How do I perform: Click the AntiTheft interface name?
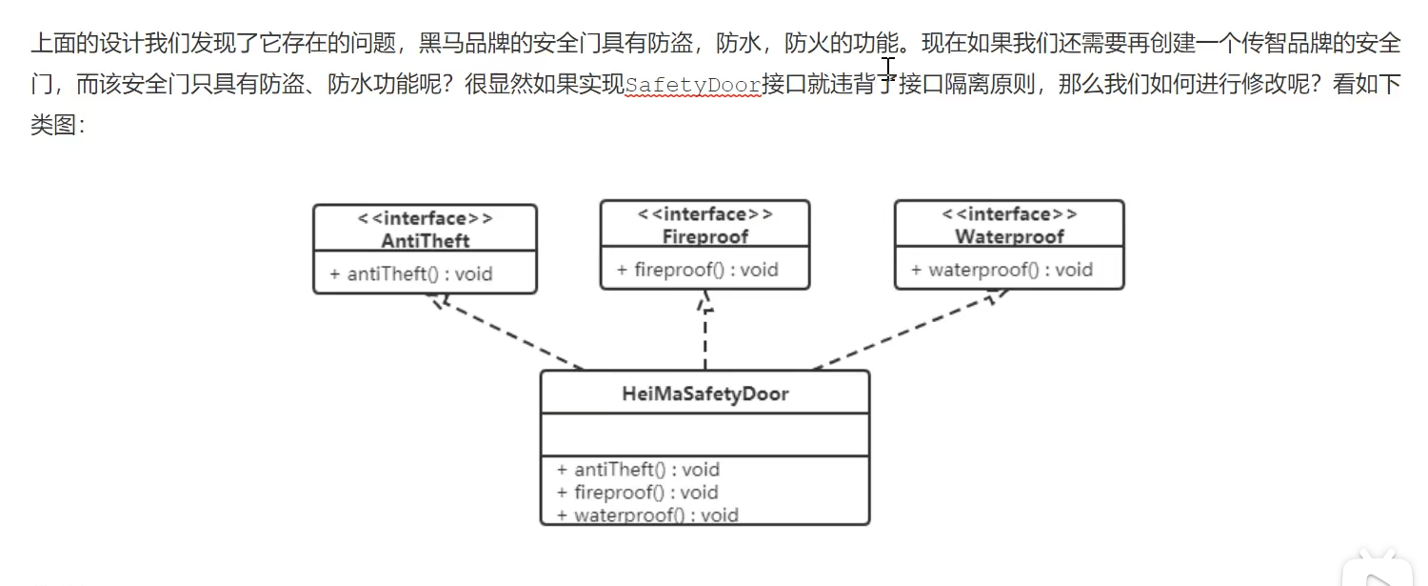425,240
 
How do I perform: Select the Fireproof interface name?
704,236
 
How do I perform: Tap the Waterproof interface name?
1009,236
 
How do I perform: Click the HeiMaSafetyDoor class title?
704,394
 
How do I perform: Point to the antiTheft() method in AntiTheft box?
411,274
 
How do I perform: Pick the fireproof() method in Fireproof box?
697,270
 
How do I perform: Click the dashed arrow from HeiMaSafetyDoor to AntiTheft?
509,333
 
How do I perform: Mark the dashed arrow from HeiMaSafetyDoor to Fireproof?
705,333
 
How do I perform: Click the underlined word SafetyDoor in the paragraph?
693,86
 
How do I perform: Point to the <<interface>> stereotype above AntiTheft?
425,218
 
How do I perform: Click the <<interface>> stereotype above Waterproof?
1009,214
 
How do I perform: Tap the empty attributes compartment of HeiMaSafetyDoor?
704,435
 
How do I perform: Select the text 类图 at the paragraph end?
52,125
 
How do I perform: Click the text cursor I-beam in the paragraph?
887,67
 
